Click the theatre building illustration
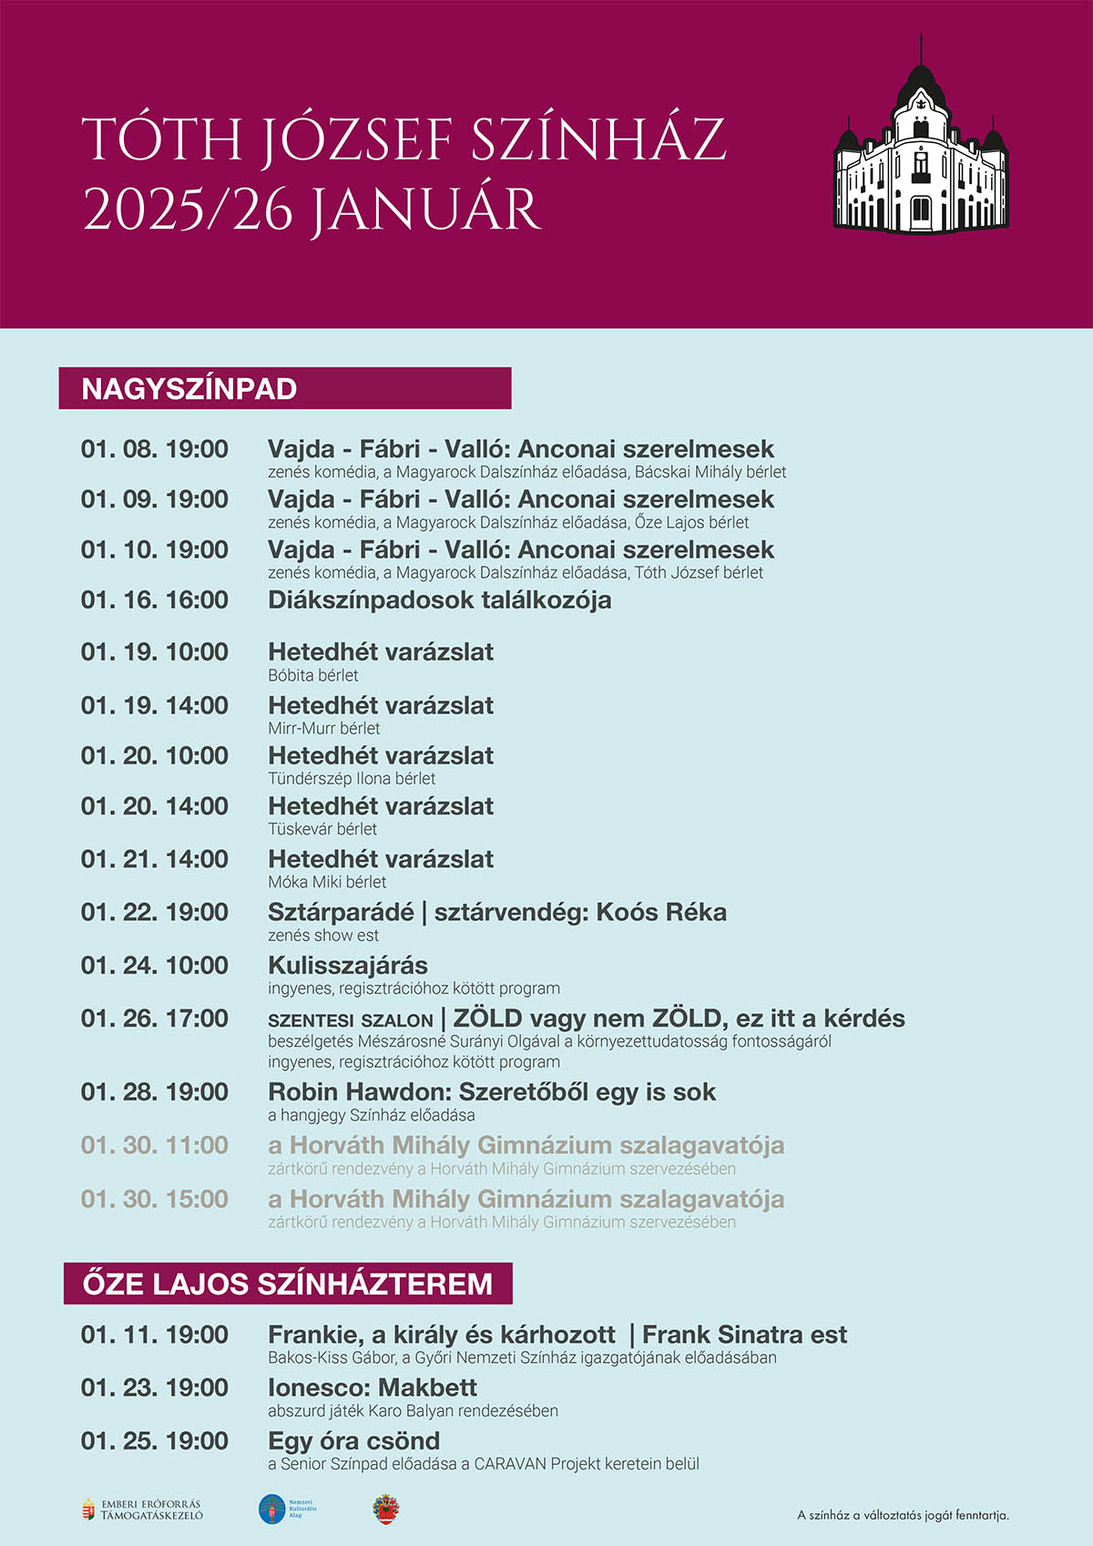point(921,146)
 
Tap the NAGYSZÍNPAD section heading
point(189,389)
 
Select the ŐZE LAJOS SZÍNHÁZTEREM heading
point(288,1285)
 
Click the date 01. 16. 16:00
point(155,600)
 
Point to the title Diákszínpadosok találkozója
point(439,600)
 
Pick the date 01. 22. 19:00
point(155,912)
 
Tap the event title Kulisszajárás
point(348,966)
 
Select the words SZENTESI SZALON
point(350,1020)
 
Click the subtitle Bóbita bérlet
point(313,676)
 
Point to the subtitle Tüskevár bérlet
point(322,829)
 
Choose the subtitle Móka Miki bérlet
point(327,882)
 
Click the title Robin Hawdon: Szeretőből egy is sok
point(492,1092)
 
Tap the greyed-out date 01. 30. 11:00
point(155,1145)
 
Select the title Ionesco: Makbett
point(372,1388)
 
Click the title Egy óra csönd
point(353,1441)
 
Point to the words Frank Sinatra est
point(744,1336)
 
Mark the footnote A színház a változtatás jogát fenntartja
point(903,1516)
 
